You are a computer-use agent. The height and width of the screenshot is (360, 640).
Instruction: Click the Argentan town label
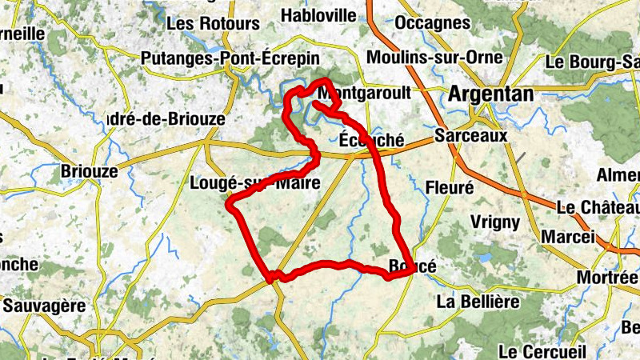491,94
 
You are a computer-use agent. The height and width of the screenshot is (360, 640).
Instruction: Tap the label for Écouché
372,139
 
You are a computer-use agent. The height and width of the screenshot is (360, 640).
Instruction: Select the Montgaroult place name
369,94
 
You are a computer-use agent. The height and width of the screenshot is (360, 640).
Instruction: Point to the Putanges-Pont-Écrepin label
230,58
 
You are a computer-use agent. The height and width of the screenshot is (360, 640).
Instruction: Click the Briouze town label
90,171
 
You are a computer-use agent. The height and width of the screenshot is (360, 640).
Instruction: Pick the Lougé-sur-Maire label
255,183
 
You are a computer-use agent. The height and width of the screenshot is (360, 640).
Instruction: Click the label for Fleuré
450,187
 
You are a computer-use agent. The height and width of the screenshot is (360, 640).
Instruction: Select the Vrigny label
495,222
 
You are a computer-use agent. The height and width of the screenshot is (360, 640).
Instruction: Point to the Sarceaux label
471,136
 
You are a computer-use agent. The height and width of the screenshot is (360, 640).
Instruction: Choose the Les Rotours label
213,24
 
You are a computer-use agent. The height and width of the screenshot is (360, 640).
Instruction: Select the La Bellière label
478,302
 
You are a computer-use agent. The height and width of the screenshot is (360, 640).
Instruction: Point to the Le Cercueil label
542,351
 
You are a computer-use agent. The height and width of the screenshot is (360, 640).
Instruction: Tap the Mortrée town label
610,278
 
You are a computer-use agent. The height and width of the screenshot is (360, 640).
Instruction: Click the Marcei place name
568,237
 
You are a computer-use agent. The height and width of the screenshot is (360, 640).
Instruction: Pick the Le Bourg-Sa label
592,62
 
